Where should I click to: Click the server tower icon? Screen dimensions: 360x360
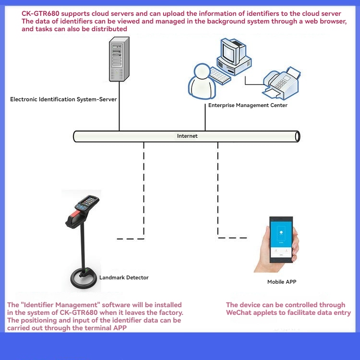pyautogui.click(x=119, y=59)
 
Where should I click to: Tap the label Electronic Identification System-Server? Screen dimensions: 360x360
pyautogui.click(x=63, y=99)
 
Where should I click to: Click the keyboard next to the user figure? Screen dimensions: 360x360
pyautogui.click(x=220, y=75)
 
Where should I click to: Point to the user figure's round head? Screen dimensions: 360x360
pyautogui.click(x=202, y=71)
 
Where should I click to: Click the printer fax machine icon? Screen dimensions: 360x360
pyautogui.click(x=281, y=84)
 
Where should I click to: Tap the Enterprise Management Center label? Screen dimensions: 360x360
pyautogui.click(x=248, y=105)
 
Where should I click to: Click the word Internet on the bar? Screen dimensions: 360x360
pyautogui.click(x=187, y=136)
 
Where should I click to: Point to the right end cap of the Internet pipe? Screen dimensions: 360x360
pyautogui.click(x=297, y=137)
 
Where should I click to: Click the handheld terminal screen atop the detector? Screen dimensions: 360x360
pyautogui.click(x=89, y=201)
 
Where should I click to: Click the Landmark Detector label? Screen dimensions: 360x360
pyautogui.click(x=124, y=277)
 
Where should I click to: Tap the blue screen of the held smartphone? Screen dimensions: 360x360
pyautogui.click(x=281, y=234)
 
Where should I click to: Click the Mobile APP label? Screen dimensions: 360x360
pyautogui.click(x=282, y=282)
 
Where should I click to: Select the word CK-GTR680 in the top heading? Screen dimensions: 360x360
pyautogui.click(x=40, y=13)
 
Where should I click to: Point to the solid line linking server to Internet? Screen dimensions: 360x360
pyautogui.click(x=119, y=106)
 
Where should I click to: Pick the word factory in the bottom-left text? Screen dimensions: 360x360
pyautogui.click(x=170, y=312)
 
